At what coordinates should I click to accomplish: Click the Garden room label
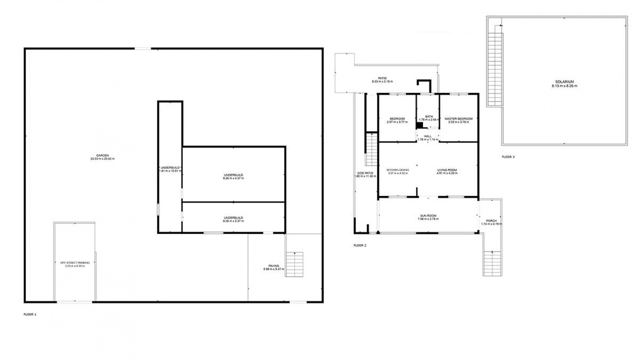(x=102, y=155)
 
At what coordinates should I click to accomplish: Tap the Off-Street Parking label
(x=75, y=263)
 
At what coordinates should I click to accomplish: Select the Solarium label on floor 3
(x=564, y=82)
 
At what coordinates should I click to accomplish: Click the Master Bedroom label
(x=458, y=119)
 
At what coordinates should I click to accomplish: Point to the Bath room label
(x=429, y=116)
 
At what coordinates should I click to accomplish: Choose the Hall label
(x=428, y=136)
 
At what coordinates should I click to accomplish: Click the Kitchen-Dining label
(x=397, y=170)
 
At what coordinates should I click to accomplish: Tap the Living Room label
(x=447, y=170)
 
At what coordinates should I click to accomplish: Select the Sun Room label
(x=428, y=216)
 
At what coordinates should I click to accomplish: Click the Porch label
(x=491, y=221)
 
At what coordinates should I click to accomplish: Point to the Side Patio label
(x=365, y=173)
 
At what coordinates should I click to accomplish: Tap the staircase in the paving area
(x=294, y=264)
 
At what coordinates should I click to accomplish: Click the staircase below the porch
(x=492, y=263)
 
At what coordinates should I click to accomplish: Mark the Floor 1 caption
(x=30, y=314)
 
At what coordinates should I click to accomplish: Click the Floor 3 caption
(x=508, y=157)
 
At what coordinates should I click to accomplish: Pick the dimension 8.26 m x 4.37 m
(x=233, y=178)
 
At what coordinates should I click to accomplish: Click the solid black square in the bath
(x=419, y=125)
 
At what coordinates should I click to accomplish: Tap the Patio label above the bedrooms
(x=382, y=78)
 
